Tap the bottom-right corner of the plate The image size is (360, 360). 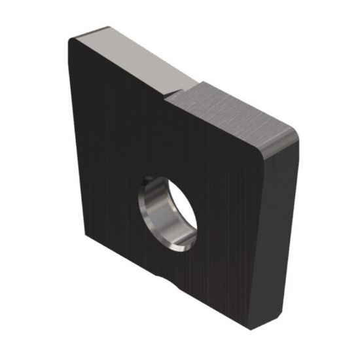pos(259,331)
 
